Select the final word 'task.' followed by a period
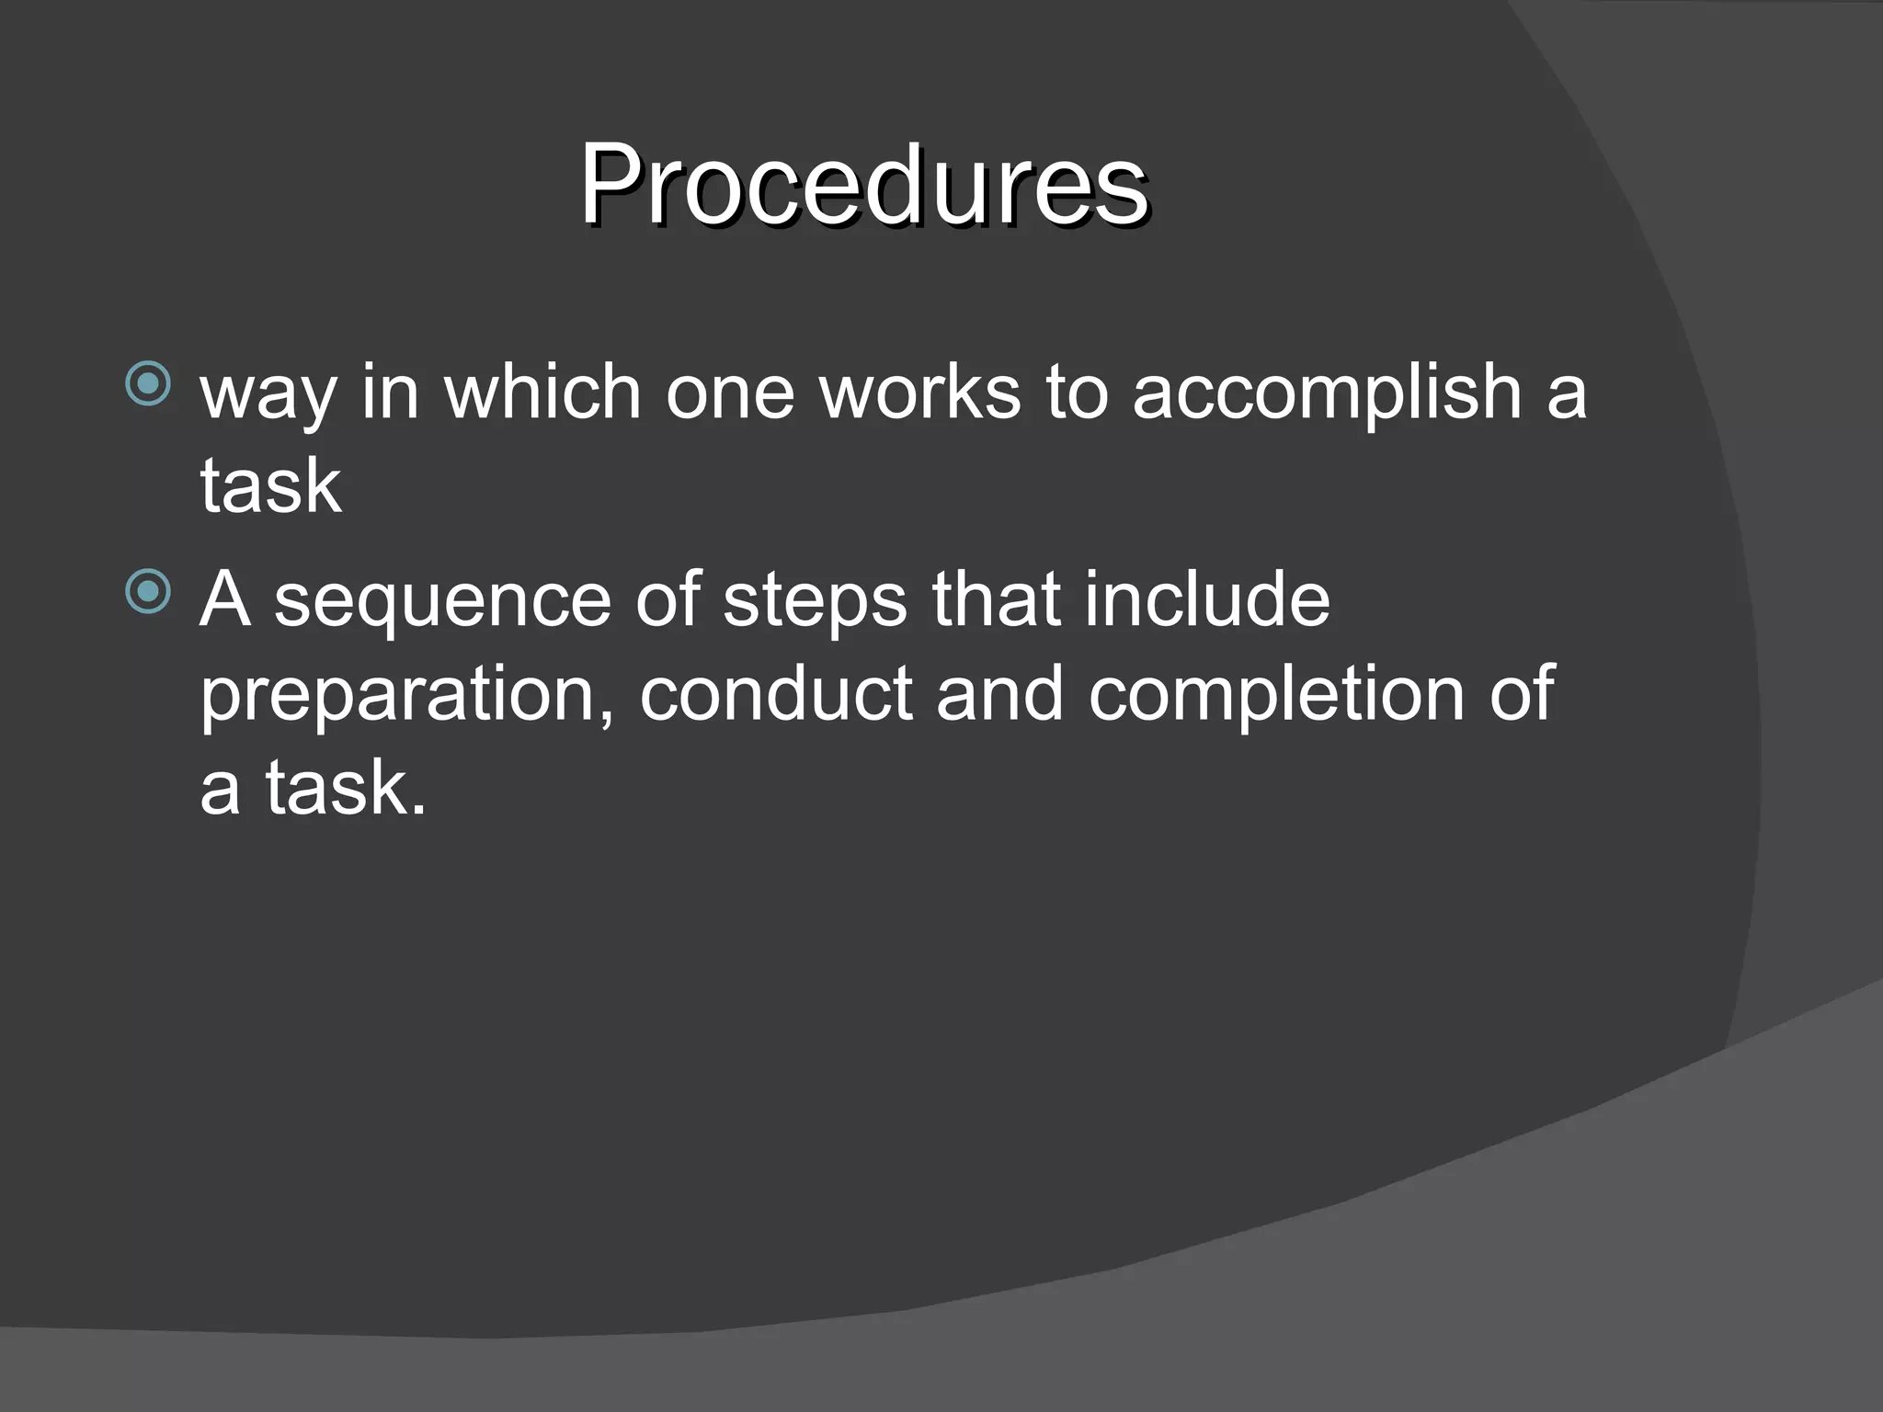[346, 788]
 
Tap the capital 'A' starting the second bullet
[225, 598]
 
